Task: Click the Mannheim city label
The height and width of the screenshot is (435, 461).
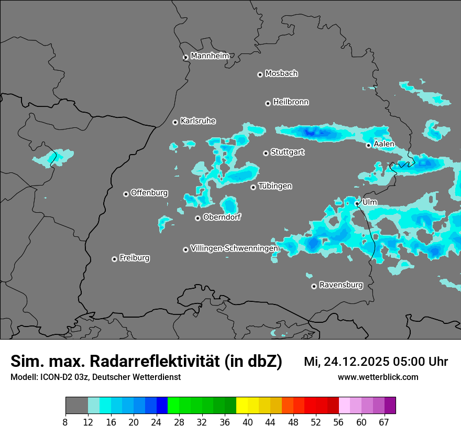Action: coord(210,56)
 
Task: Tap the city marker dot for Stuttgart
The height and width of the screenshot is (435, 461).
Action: coord(266,153)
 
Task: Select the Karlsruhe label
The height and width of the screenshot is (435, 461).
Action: coord(198,121)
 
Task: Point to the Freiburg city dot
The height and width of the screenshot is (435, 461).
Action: coord(114,259)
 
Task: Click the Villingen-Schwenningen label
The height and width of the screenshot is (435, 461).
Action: coord(234,248)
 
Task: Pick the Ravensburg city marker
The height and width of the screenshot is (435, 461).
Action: coord(314,286)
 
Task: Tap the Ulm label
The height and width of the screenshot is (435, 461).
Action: coord(369,202)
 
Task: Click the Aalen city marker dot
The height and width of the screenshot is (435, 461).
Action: coord(368,145)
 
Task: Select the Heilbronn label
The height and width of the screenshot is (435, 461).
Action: coord(291,102)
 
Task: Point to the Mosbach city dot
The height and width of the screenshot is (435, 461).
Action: coord(260,74)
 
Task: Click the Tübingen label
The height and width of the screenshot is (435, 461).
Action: coord(275,186)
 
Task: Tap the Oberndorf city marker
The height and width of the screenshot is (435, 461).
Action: coord(197,218)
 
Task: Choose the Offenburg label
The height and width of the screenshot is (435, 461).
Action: coord(149,193)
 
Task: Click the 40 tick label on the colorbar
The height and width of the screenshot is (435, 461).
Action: coord(248,422)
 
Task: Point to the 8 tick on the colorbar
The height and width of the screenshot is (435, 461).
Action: coord(65,422)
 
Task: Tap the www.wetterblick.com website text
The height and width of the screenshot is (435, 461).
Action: coord(378,377)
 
